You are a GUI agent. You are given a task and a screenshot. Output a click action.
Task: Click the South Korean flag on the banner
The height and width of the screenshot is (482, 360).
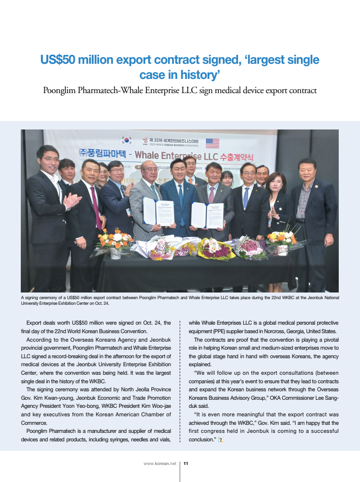point(127,140)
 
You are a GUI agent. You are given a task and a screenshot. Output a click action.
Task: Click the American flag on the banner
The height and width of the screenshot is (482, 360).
point(212,143)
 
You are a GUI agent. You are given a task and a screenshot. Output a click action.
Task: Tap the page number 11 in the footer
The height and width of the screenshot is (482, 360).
point(186,464)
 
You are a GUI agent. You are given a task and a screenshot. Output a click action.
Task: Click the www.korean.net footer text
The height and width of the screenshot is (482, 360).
point(160,464)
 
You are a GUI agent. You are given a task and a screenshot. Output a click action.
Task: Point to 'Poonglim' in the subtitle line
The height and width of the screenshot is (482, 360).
point(60,90)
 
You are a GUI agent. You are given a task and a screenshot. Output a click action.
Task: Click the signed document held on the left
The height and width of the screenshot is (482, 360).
point(159,211)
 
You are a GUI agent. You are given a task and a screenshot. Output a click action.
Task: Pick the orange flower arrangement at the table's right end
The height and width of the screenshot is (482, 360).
point(282,239)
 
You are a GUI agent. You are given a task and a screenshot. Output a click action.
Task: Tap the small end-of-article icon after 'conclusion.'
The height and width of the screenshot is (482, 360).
point(221,439)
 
